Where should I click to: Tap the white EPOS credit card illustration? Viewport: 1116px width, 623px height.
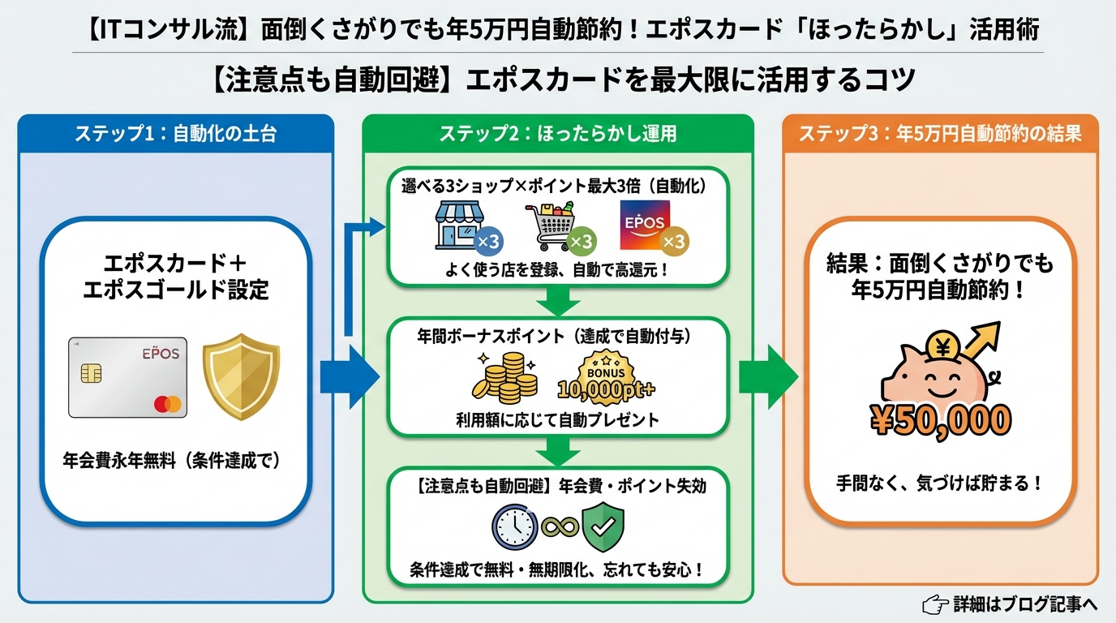tap(127, 377)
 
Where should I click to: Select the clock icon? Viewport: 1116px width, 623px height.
tap(514, 527)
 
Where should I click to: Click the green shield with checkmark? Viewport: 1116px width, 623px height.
tap(603, 527)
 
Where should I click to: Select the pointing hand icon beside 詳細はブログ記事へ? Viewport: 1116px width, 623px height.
tap(936, 604)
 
